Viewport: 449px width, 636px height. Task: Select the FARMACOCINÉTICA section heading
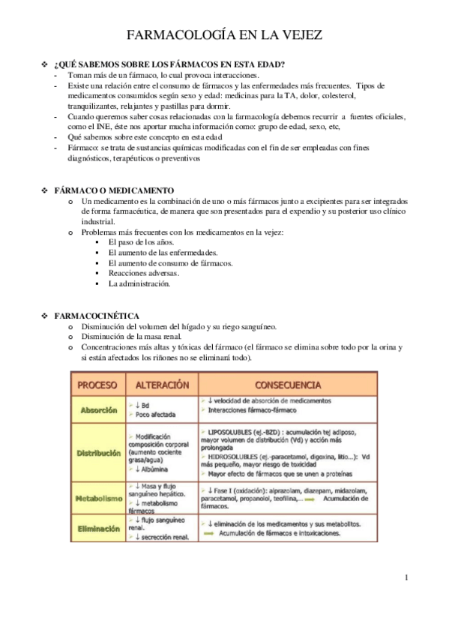pyautogui.click(x=107, y=316)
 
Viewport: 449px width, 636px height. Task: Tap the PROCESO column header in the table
pyautogui.click(x=98, y=385)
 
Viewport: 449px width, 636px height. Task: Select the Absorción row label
pyautogui.click(x=98, y=410)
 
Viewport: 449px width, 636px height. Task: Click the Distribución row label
pyautogui.click(x=98, y=453)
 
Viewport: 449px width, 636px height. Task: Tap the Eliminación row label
pyautogui.click(x=98, y=528)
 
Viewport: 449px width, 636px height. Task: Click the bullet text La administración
pyautogui.click(x=139, y=284)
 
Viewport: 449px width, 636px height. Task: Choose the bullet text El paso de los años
pyautogui.click(x=141, y=243)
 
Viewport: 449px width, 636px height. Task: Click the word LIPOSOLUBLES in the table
pyautogui.click(x=232, y=433)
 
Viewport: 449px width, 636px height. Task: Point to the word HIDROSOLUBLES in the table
pyautogui.click(x=235, y=455)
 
